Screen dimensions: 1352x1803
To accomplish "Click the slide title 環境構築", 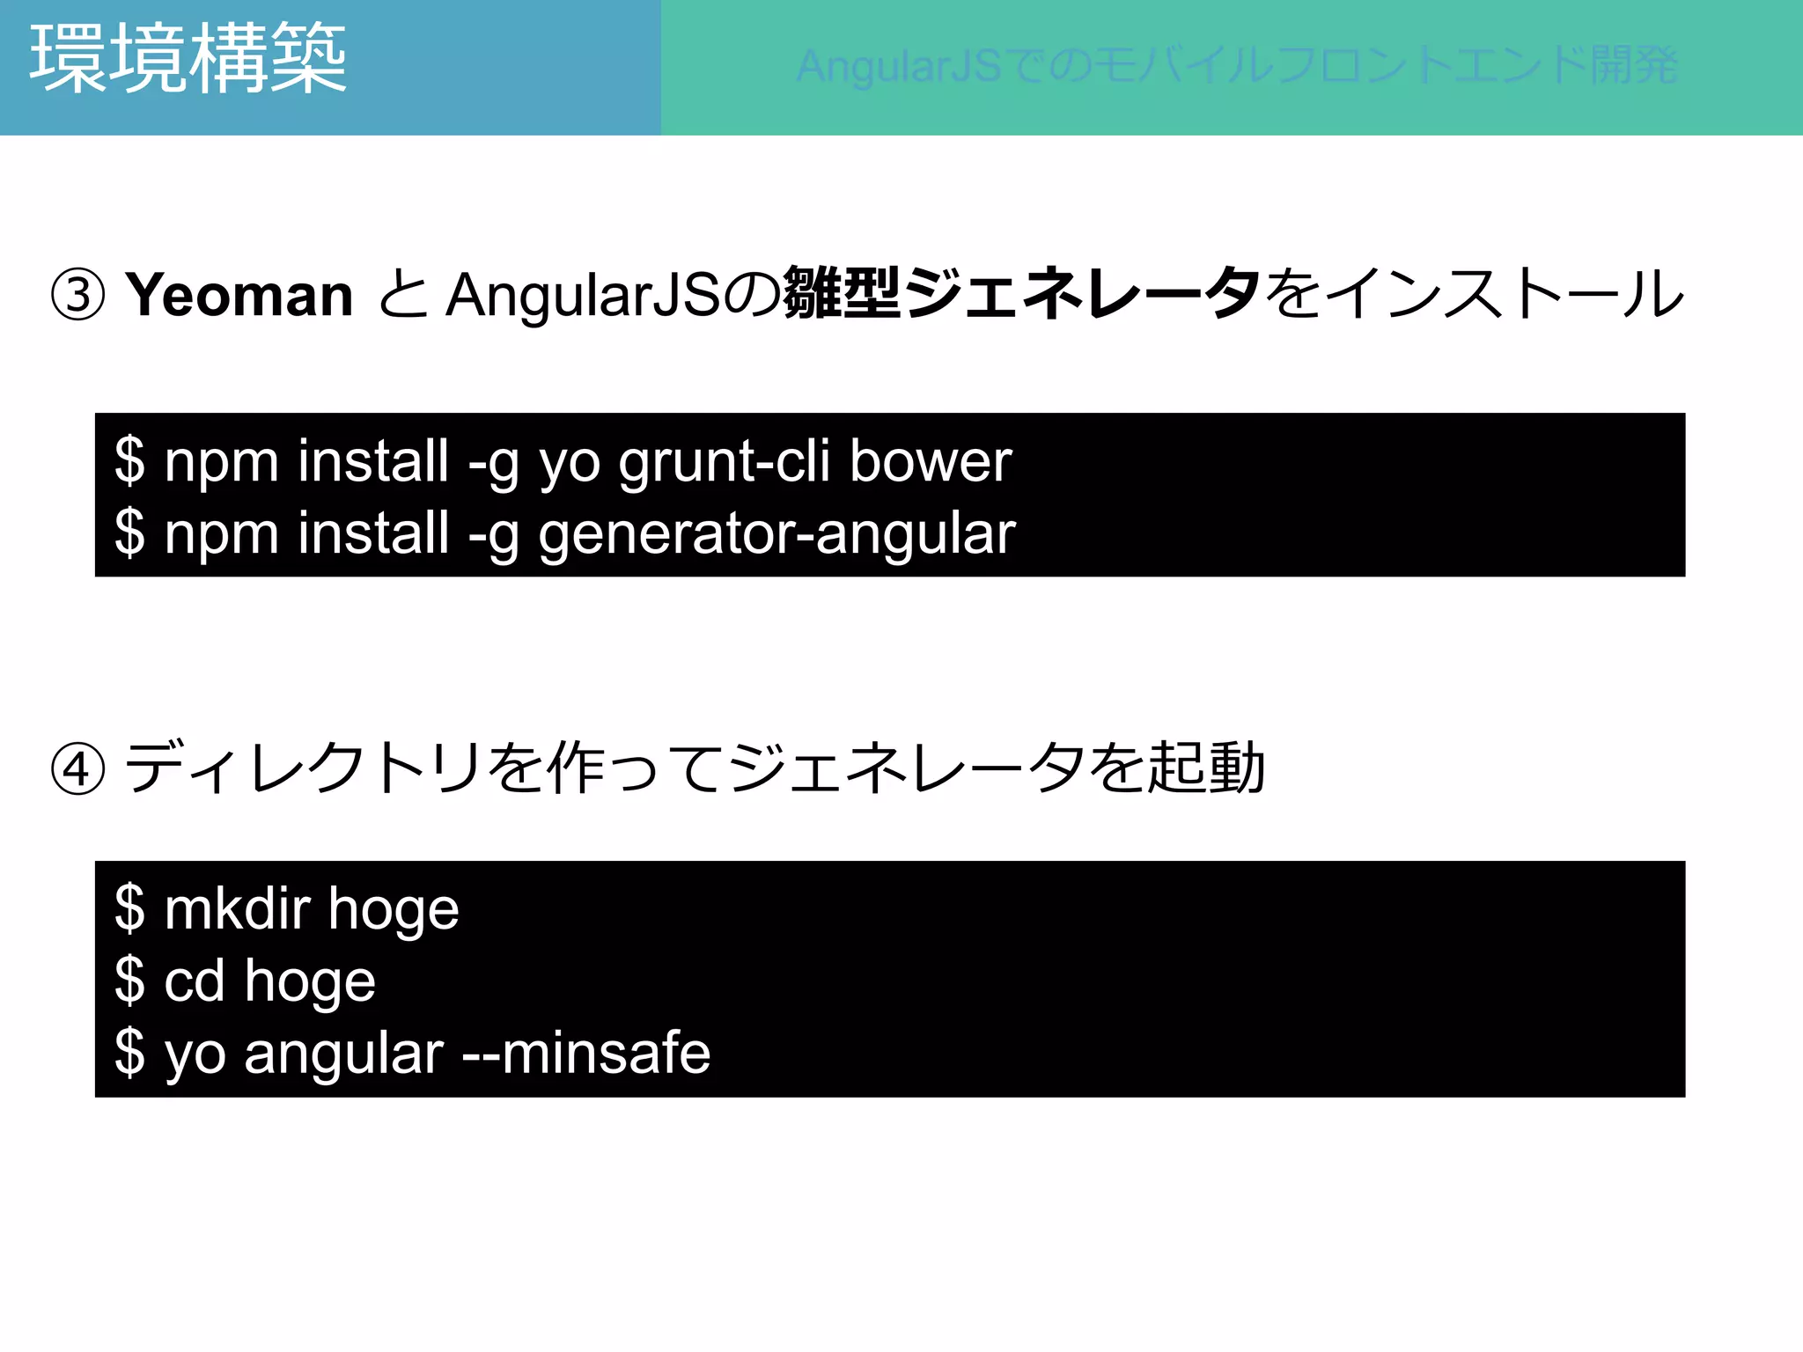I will [188, 60].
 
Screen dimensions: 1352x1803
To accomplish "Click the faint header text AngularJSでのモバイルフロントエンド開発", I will [1237, 67].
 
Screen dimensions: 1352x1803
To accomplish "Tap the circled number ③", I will [78, 295].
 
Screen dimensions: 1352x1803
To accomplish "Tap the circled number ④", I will [78, 769].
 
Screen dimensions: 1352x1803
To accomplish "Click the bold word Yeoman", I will [239, 295].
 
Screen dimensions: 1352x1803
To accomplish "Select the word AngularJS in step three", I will [584, 295].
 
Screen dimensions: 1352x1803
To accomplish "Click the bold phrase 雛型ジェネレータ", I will [1021, 293].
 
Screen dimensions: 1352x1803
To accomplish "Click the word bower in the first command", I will [931, 461].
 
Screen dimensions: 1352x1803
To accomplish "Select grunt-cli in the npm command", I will [724, 463].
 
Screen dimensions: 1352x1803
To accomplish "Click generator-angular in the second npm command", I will [776, 534].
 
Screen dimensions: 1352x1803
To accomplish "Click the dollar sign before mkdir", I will [129, 907].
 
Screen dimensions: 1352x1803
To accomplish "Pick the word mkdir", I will [238, 907].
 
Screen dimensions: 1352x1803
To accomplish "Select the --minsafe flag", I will [586, 1053].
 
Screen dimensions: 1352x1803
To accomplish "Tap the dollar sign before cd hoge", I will [129, 980].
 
